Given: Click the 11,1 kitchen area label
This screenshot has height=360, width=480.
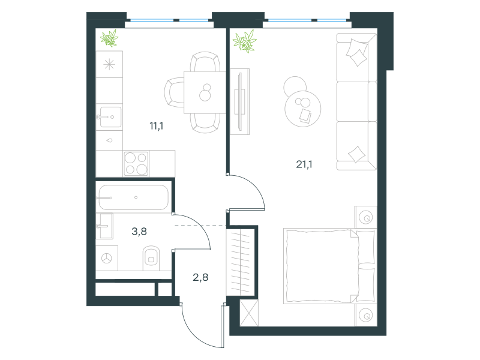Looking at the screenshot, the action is (157, 126).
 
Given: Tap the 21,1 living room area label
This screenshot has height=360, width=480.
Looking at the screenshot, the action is (304, 164).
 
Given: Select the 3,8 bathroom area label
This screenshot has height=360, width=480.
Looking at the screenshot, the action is (139, 232).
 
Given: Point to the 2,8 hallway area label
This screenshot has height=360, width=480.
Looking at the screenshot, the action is (200, 277).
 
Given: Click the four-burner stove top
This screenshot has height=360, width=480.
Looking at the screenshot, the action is (136, 163).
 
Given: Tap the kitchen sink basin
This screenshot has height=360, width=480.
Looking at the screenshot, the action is (110, 117).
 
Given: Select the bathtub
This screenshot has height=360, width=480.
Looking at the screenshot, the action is (133, 197).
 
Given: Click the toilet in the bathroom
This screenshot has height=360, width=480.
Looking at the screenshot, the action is (151, 258).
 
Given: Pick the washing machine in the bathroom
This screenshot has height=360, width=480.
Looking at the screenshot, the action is (107, 258).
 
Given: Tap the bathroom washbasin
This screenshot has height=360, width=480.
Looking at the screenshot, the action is (104, 226).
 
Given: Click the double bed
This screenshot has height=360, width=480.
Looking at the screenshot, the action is (329, 266).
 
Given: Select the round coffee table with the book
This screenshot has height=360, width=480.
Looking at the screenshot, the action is (303, 109).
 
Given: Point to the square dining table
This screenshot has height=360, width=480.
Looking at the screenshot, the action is (205, 92).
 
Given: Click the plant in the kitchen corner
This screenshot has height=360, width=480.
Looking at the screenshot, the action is (109, 38).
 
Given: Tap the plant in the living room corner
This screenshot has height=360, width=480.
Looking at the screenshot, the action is (245, 41).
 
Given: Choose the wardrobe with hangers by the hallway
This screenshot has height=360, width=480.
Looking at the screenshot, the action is (241, 262).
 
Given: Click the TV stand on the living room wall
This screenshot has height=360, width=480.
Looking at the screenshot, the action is (239, 101).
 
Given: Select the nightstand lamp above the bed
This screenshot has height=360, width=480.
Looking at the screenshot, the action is (366, 217).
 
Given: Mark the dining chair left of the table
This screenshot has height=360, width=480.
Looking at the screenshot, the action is (174, 92).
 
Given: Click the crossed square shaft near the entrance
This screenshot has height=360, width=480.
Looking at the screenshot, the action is (249, 313).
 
